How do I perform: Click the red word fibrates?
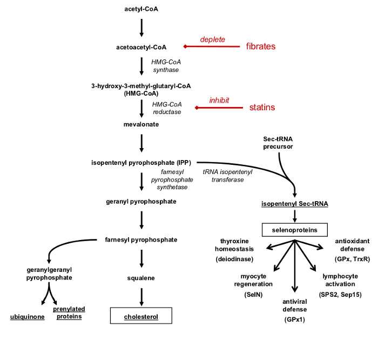tap(261, 46)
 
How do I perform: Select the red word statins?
tap(262, 108)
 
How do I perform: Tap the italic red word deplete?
tap(213, 39)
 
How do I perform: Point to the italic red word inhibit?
tap(219, 100)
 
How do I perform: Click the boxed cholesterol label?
tap(141, 316)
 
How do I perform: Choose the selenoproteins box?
tap(295, 230)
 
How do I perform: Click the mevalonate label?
tap(141, 124)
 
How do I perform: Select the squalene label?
tap(141, 278)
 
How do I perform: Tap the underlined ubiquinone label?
tap(27, 317)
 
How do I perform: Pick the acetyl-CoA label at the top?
tap(141, 9)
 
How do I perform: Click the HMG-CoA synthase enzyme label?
tap(166, 66)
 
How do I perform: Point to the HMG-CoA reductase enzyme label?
tap(167, 108)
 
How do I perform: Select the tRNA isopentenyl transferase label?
tap(227, 176)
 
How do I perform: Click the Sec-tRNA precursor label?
tap(278, 143)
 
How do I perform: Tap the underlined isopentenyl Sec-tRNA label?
tap(295, 204)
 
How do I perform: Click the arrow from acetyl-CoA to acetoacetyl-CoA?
tap(141, 28)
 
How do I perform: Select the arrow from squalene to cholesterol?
tap(141, 297)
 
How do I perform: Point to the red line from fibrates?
tap(212, 46)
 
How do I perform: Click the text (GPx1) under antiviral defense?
tap(295, 319)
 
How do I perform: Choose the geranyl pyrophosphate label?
tap(141, 202)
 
